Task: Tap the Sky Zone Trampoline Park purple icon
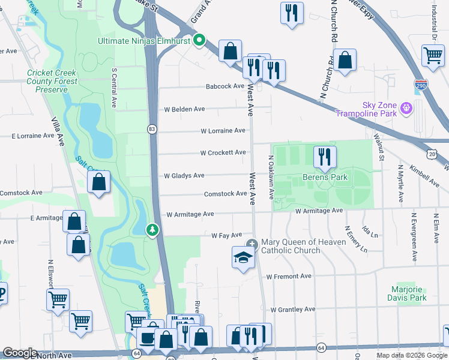coord(406,108)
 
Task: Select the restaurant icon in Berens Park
coord(325,157)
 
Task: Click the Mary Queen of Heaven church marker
coord(252,244)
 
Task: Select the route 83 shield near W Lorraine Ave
coord(152,129)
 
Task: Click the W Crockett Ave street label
coord(223,153)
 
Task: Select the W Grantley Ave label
coord(292,310)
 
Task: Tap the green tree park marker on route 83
coord(153,230)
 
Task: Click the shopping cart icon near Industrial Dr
coord(433,55)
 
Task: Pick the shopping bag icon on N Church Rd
coord(345,60)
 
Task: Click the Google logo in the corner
coord(20,353)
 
